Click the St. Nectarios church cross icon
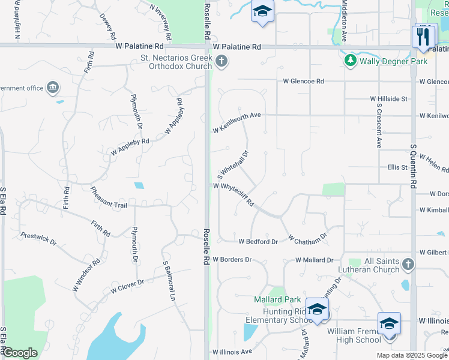coord(221,61)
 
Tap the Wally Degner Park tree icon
coord(350,61)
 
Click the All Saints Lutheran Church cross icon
coord(408,265)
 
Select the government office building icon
coord(53,88)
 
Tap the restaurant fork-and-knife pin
coord(424,35)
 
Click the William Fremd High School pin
coord(388,324)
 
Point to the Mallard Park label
coord(276,299)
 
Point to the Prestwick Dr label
coord(38,239)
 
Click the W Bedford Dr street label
coord(258,242)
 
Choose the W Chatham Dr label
coord(307,238)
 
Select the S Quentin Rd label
coord(414,167)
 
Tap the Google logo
coord(20,353)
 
